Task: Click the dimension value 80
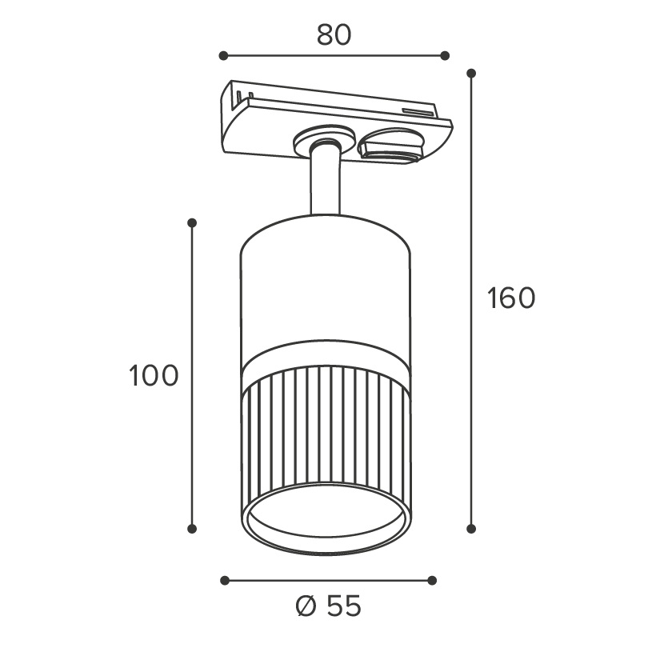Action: tap(334, 35)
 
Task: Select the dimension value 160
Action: tap(511, 298)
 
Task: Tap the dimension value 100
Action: tap(154, 376)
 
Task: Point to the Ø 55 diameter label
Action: tap(329, 606)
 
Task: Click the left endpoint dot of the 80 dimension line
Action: tap(223, 55)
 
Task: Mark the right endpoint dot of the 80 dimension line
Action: tap(445, 55)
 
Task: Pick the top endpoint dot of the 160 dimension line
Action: tap(471, 74)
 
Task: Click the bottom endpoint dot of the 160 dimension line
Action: tap(471, 528)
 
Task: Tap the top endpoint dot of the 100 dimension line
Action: tap(192, 223)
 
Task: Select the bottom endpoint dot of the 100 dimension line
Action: tap(192, 528)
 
